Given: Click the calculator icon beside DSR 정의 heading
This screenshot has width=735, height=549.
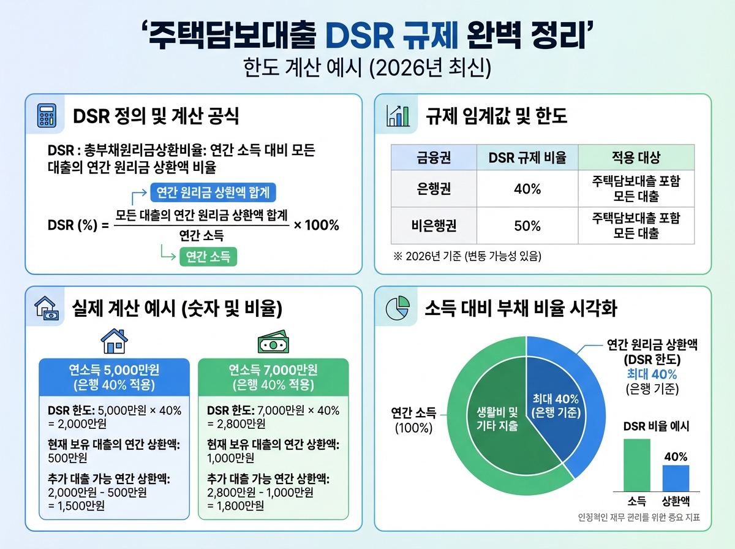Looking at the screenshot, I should point(47,115).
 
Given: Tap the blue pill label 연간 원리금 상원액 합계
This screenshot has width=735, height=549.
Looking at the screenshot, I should point(213,193).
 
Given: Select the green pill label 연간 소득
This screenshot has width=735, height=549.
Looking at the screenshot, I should point(208,257).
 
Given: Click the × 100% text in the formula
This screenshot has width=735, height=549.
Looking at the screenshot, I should point(316,225).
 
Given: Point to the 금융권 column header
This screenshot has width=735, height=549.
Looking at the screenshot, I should point(434,157).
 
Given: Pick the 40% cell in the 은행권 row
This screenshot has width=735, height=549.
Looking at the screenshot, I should point(527,189).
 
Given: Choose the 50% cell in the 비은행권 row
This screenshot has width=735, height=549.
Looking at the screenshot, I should point(527,225).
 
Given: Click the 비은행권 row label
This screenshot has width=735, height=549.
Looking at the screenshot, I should point(434,225).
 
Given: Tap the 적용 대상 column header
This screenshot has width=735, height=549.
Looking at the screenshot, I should point(636,157).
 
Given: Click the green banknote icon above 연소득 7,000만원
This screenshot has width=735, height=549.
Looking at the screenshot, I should point(273,343).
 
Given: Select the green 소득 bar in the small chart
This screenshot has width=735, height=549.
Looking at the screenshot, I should point(636,464).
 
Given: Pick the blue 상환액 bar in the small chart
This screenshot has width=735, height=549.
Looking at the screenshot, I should point(675,478).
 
